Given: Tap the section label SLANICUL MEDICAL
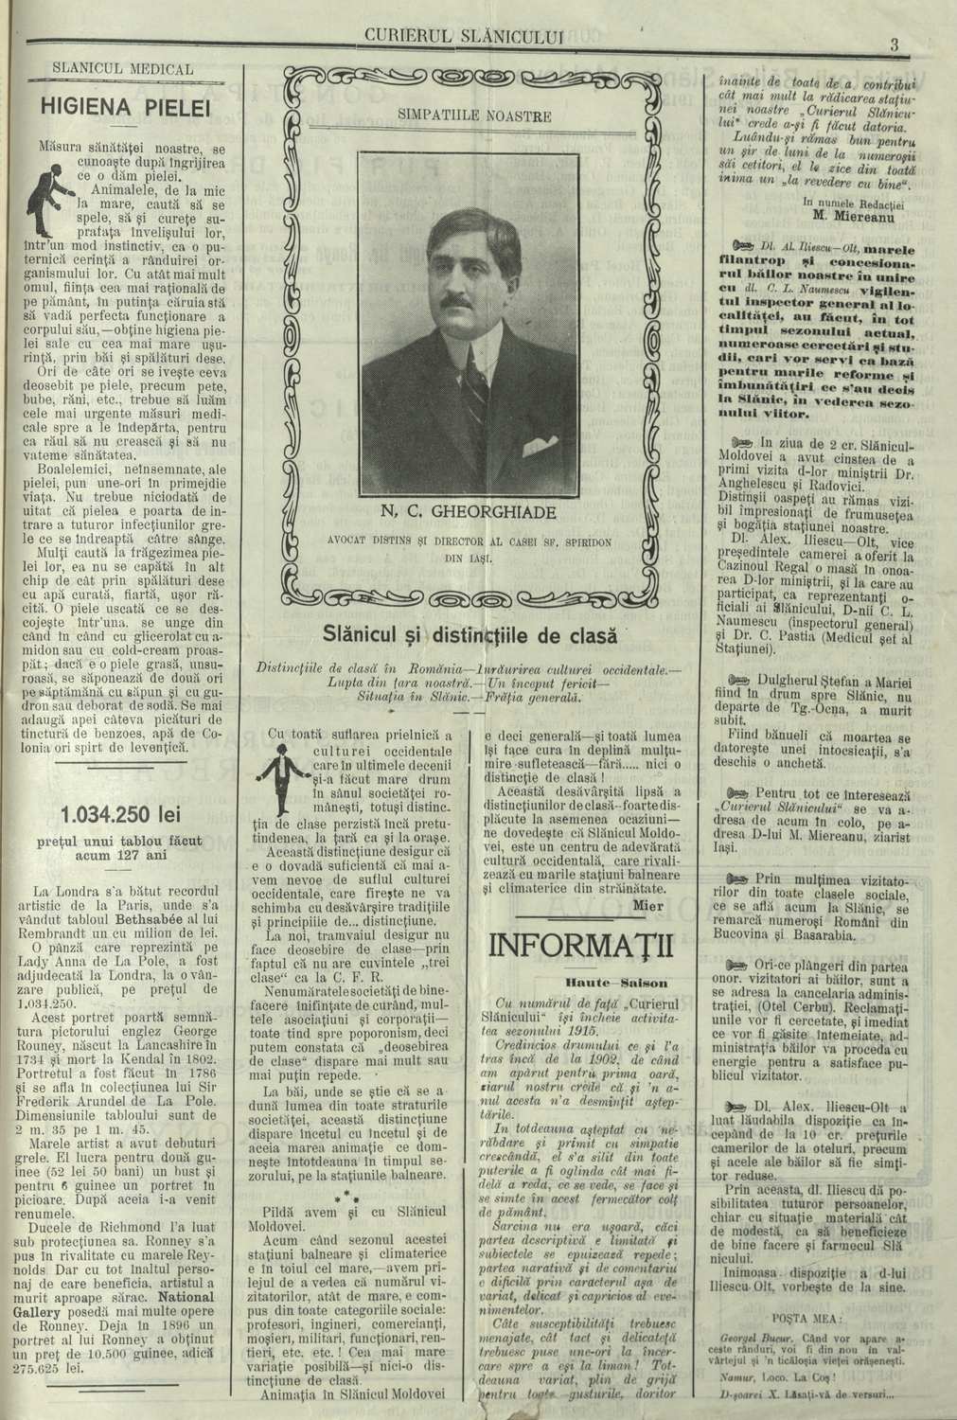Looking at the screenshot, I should (x=123, y=70).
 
